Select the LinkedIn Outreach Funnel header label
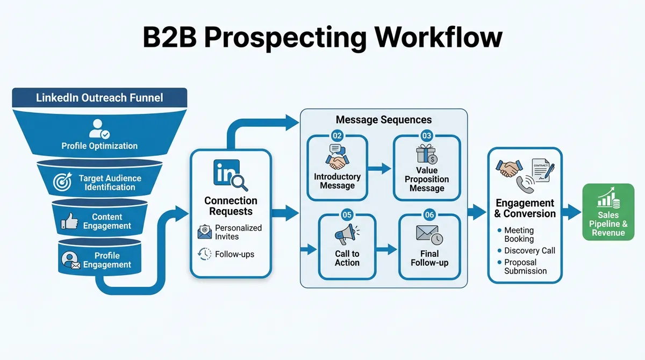[x=99, y=98]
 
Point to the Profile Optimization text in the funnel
[x=99, y=146]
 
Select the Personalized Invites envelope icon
[x=204, y=232]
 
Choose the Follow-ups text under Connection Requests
[x=235, y=254]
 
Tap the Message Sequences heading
[x=383, y=119]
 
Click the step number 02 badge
[x=337, y=135]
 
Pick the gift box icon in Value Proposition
[x=427, y=154]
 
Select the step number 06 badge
[x=429, y=215]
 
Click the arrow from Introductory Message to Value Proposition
[x=380, y=169]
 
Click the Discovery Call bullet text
[x=529, y=250]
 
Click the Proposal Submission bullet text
[x=525, y=267]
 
